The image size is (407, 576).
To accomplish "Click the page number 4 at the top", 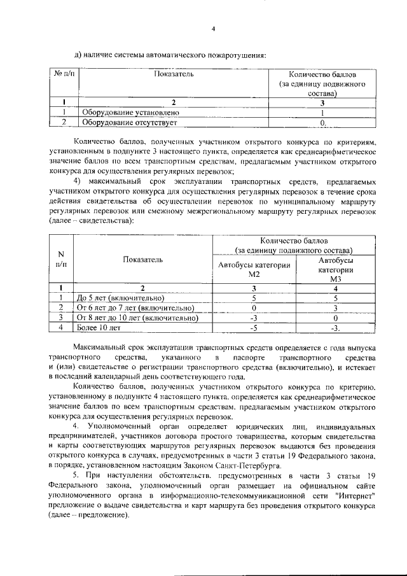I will coord(214,29).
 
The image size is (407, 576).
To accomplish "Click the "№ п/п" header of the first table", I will coord(64,74).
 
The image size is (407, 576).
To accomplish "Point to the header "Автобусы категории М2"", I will coord(254,269).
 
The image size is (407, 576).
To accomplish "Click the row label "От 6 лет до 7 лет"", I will coord(131,307).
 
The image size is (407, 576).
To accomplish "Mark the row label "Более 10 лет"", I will coord(99,328).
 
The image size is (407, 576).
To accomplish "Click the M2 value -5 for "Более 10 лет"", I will coord(254,328).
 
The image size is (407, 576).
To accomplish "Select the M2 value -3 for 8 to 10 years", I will coord(254,316).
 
